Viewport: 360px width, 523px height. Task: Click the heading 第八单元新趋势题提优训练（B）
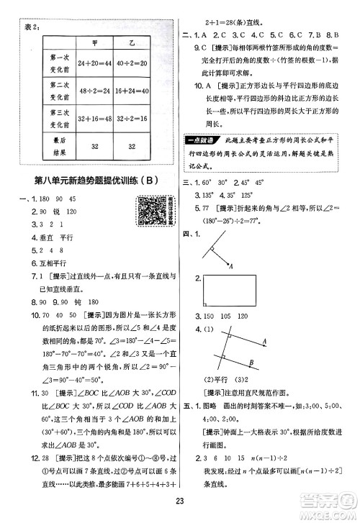pyautogui.click(x=95, y=180)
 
